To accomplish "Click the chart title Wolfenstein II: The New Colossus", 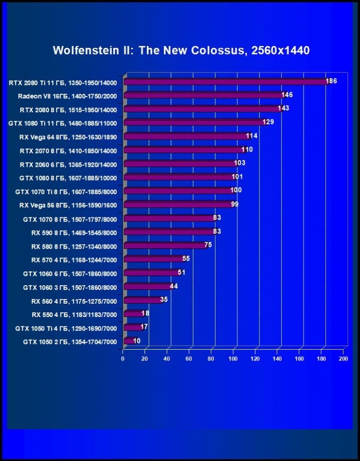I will coord(181,50).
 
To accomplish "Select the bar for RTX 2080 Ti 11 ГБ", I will coord(225,82).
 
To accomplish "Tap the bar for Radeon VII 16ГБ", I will coord(204,96).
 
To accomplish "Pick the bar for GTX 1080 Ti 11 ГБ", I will coord(194,123).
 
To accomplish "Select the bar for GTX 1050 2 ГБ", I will coord(129,341).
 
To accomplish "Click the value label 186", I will coord(331,81).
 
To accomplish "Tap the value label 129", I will coord(268,122).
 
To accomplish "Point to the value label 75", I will coord(208,245).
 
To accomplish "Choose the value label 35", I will coord(164,299).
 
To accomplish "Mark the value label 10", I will coord(136,341).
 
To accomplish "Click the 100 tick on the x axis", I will coord(233,359).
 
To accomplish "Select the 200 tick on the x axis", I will coord(343,359).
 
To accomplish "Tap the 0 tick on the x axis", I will coord(123,359).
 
